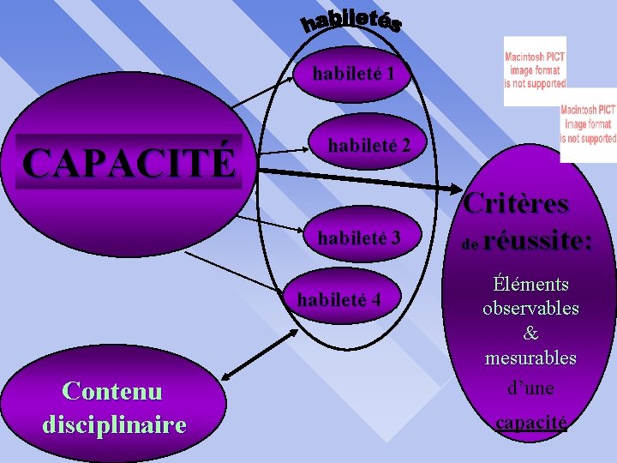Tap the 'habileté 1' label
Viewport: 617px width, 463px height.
tap(353, 74)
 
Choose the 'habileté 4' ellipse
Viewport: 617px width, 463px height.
tap(338, 299)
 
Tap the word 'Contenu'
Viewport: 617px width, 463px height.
tap(112, 391)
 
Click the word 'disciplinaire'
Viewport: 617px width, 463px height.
tap(113, 424)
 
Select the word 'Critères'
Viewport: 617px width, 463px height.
tap(516, 204)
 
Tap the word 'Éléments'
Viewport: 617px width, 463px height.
tap(530, 284)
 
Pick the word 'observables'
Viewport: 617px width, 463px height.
tap(530, 308)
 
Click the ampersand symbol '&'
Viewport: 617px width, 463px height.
tap(530, 333)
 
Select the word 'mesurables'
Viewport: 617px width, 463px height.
tap(530, 357)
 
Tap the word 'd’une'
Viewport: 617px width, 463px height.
tap(530, 388)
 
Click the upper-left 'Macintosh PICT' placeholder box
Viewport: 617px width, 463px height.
tap(535, 70)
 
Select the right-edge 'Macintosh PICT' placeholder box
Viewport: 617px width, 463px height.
tap(589, 124)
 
